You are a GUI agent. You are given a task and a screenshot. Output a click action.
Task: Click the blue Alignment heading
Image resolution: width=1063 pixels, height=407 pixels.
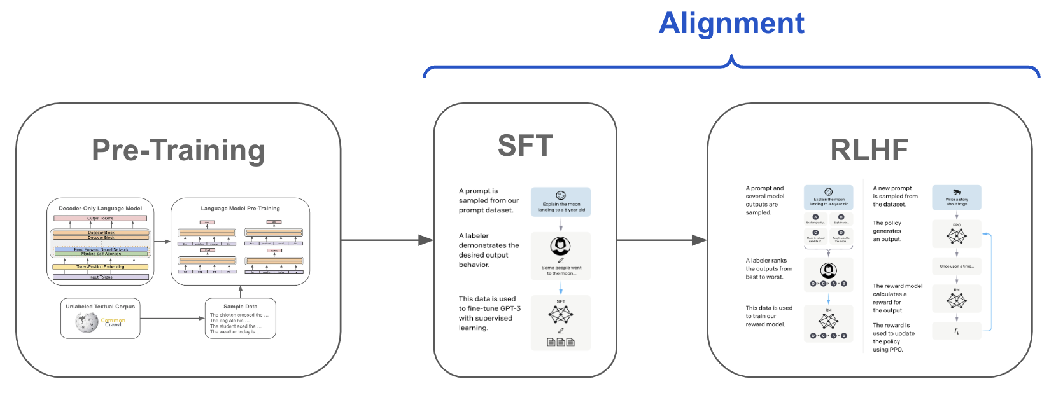click(x=731, y=24)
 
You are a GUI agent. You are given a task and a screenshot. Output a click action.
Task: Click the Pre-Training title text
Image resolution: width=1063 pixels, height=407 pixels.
click(x=178, y=151)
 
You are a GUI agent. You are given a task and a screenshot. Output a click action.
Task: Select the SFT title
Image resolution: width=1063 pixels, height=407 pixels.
click(x=525, y=146)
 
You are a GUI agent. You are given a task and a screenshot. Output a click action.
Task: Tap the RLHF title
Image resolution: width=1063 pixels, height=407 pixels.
click(x=869, y=151)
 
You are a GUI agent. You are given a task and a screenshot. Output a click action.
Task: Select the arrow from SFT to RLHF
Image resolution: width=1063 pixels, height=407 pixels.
click(x=662, y=240)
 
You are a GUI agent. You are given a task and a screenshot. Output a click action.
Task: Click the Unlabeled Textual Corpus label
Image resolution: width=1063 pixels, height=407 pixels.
click(x=100, y=307)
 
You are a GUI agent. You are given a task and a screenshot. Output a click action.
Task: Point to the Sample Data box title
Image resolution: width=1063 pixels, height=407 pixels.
click(x=240, y=307)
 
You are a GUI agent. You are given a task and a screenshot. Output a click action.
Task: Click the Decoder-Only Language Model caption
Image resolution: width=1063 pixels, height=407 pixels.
click(x=100, y=209)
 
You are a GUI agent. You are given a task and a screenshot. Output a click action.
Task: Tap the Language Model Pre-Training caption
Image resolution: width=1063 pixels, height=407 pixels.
click(x=240, y=209)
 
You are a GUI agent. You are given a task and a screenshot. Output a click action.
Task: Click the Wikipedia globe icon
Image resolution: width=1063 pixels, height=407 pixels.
click(x=86, y=323)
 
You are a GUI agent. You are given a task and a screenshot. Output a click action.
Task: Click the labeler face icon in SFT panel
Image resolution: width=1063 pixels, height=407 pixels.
click(x=561, y=246)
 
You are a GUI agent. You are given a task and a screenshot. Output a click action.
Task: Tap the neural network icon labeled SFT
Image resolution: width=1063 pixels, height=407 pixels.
click(x=561, y=314)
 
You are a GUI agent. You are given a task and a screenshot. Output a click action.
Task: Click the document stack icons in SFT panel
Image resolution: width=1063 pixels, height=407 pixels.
click(x=561, y=342)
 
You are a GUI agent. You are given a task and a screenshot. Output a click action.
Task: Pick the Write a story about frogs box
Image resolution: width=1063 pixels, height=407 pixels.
click(x=956, y=198)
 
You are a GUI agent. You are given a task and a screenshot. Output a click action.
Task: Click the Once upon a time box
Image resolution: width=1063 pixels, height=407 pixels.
click(x=956, y=266)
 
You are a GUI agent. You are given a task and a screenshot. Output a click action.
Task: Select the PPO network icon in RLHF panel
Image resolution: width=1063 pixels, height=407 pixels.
click(x=956, y=236)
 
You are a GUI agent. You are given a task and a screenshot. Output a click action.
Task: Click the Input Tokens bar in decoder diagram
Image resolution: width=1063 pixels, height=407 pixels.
click(x=101, y=277)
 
